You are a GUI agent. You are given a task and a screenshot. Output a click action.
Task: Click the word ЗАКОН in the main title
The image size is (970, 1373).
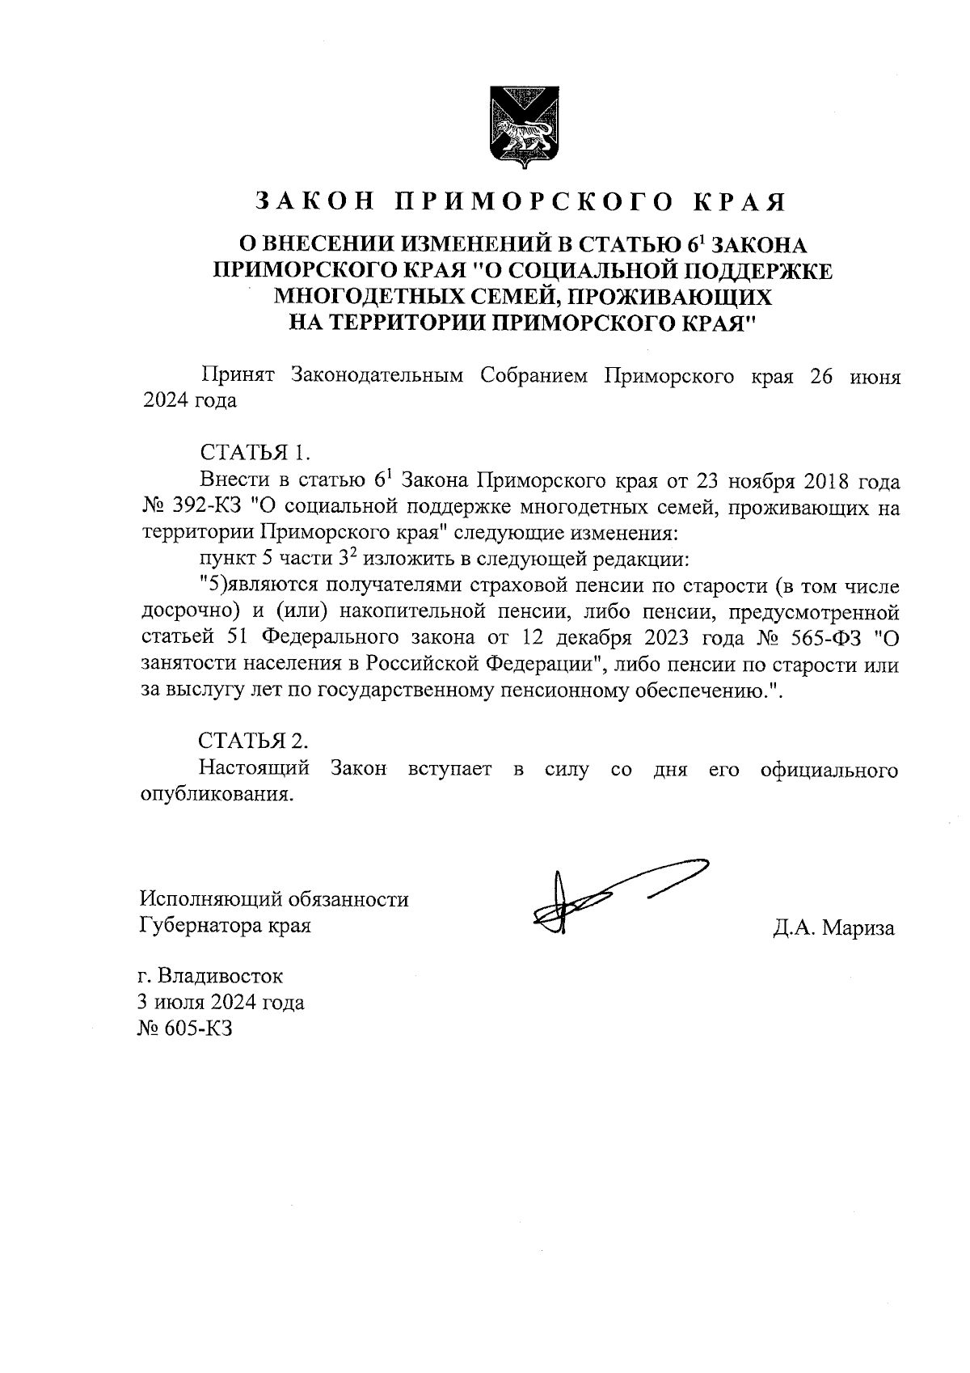click(314, 201)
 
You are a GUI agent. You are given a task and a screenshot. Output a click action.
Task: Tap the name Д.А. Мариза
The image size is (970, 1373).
click(833, 927)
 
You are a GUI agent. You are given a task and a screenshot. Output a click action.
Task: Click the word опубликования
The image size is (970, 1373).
click(215, 794)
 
